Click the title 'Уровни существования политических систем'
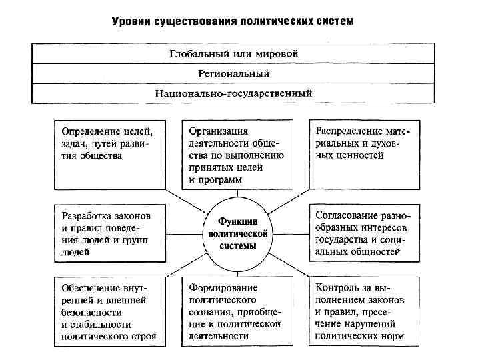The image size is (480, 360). pos(233,21)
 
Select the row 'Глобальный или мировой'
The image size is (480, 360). pos(233,53)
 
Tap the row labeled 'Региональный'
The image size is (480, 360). pos(233,73)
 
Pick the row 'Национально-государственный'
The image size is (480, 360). pos(233,93)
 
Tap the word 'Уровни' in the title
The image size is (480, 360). pos(131,21)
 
